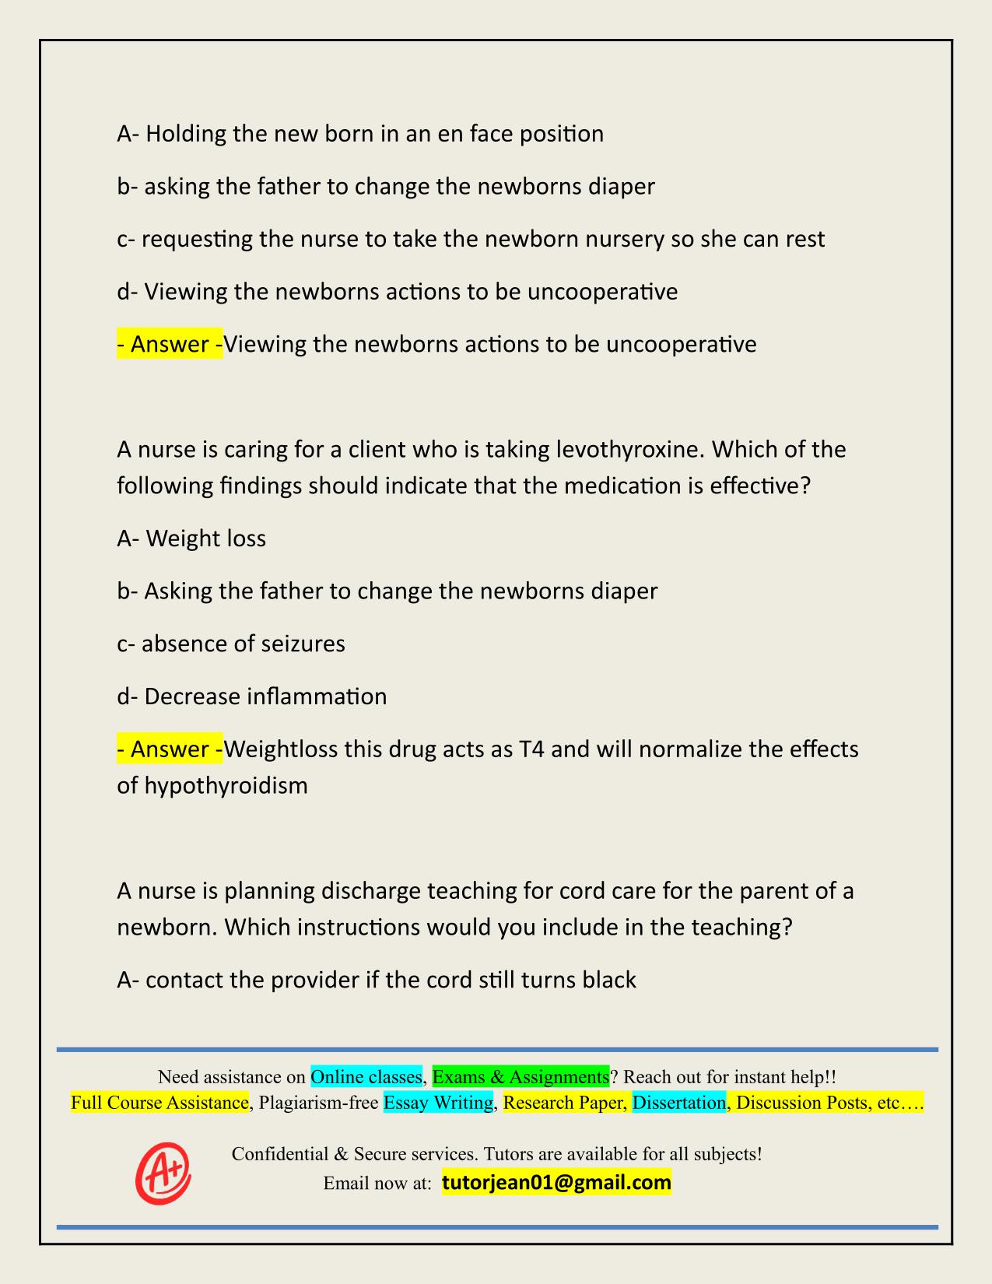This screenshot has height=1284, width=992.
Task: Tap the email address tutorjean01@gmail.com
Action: coord(556,1183)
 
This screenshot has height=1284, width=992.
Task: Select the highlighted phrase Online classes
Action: coord(366,1077)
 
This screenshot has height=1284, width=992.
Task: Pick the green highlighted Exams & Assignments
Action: coord(521,1077)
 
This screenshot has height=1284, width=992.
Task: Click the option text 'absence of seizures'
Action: coord(243,644)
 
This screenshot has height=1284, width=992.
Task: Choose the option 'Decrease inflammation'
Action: coord(265,696)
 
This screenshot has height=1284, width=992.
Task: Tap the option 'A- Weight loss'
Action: coord(191,539)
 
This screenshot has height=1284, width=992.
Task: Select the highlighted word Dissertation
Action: coord(678,1103)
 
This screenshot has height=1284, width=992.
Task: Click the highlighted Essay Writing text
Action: coord(439,1103)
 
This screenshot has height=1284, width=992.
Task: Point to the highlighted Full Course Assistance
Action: coord(159,1103)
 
